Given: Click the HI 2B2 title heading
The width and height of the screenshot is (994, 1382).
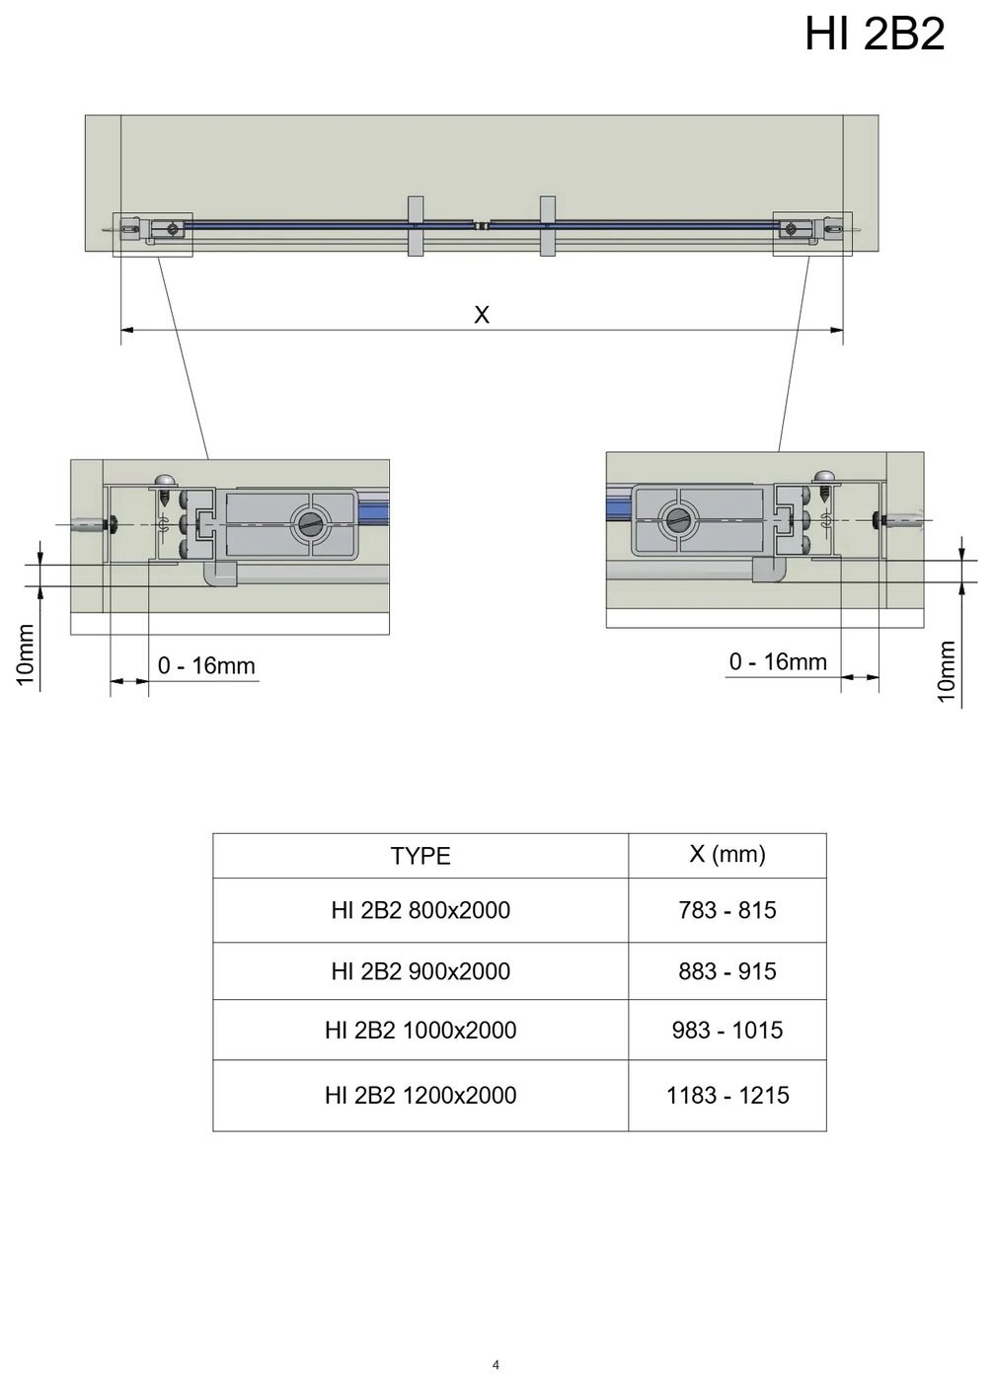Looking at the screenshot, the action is [875, 34].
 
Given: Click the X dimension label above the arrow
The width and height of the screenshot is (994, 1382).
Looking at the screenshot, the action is [482, 315].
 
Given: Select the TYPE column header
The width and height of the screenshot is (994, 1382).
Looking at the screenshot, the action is [421, 856].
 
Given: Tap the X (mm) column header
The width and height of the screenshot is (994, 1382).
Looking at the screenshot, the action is [727, 854].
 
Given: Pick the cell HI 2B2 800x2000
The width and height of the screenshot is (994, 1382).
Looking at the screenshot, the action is [421, 910].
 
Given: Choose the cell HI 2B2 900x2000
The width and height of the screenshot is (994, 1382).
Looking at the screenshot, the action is [421, 971].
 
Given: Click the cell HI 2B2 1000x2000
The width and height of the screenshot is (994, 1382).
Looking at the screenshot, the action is [421, 1030].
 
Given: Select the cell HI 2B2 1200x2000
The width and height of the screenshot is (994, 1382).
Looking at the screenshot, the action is [421, 1095].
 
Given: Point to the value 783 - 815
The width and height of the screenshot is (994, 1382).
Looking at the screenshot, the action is [727, 910].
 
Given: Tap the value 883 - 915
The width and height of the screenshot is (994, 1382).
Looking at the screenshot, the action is [727, 971].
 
